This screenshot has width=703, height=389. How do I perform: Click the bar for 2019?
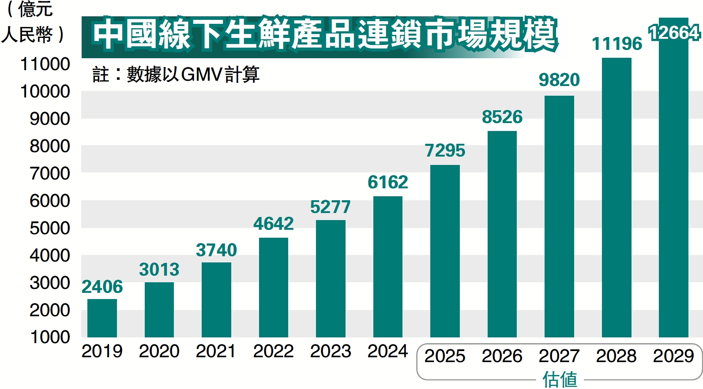[102, 318]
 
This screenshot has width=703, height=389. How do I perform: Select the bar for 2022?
[274, 288]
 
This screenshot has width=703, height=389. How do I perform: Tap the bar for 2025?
[445, 251]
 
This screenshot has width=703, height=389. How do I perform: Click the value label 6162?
[388, 182]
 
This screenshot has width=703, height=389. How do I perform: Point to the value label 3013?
[159, 269]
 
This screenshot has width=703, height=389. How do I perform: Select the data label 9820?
[559, 80]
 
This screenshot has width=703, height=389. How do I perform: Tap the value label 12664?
[674, 33]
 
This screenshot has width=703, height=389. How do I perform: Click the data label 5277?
[331, 207]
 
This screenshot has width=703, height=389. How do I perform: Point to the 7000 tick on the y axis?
[50, 173]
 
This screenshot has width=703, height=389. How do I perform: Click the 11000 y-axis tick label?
[45, 64]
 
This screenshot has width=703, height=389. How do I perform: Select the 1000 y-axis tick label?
[50, 337]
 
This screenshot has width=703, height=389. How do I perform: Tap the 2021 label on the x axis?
[216, 351]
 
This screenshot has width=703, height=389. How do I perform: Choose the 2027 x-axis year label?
[559, 356]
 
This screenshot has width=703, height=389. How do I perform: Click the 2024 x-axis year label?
[388, 351]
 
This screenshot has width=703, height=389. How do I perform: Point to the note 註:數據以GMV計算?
[176, 74]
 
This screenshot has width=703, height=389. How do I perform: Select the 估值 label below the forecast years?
[560, 379]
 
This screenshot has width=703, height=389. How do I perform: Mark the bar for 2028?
[617, 198]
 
